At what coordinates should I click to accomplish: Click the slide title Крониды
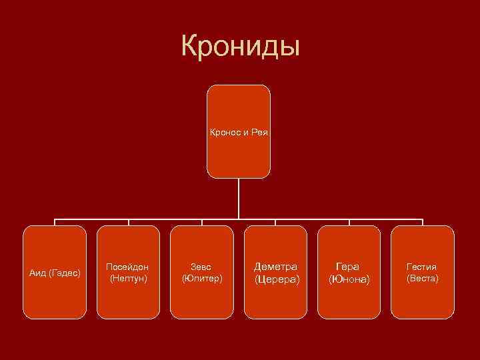pos(240,47)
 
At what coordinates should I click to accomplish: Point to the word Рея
pos(259,133)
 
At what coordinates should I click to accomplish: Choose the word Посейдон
pos(128,267)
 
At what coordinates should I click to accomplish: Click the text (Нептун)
pos(128,277)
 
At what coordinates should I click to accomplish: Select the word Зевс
pos(201,267)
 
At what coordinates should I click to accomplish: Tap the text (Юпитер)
pos(201,277)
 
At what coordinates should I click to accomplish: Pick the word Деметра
pos(275,266)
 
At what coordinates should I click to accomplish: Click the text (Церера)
pos(277,278)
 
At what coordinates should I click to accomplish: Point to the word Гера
pos(349,267)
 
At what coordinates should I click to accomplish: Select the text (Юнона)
pos(349,279)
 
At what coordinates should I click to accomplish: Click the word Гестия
pos(422,267)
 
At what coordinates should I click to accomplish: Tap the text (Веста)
pos(422,277)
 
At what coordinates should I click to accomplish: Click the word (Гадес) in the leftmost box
pos(65,272)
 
